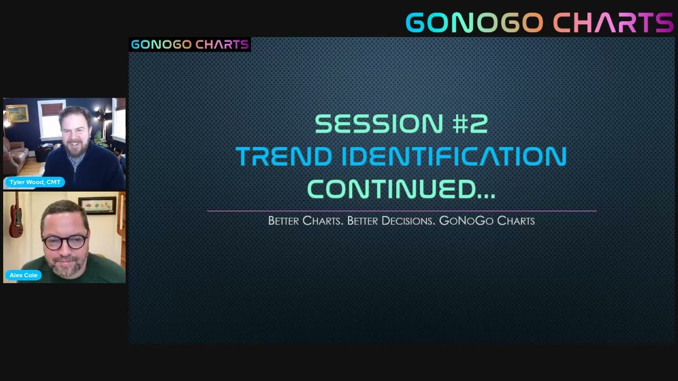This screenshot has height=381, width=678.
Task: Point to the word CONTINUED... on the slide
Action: [401, 189]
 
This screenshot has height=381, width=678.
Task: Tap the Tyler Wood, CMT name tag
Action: [35, 182]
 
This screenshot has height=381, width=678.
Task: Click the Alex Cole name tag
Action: [23, 275]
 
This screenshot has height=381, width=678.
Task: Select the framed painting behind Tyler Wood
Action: [17, 113]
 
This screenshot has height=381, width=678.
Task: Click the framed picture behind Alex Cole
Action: [97, 205]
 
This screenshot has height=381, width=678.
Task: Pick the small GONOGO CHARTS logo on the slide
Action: [190, 44]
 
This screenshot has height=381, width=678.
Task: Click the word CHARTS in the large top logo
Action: [613, 23]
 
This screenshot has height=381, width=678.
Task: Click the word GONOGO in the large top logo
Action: [474, 23]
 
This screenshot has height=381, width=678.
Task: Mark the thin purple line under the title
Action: [401, 211]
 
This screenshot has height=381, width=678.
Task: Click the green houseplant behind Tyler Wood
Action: [99, 139]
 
